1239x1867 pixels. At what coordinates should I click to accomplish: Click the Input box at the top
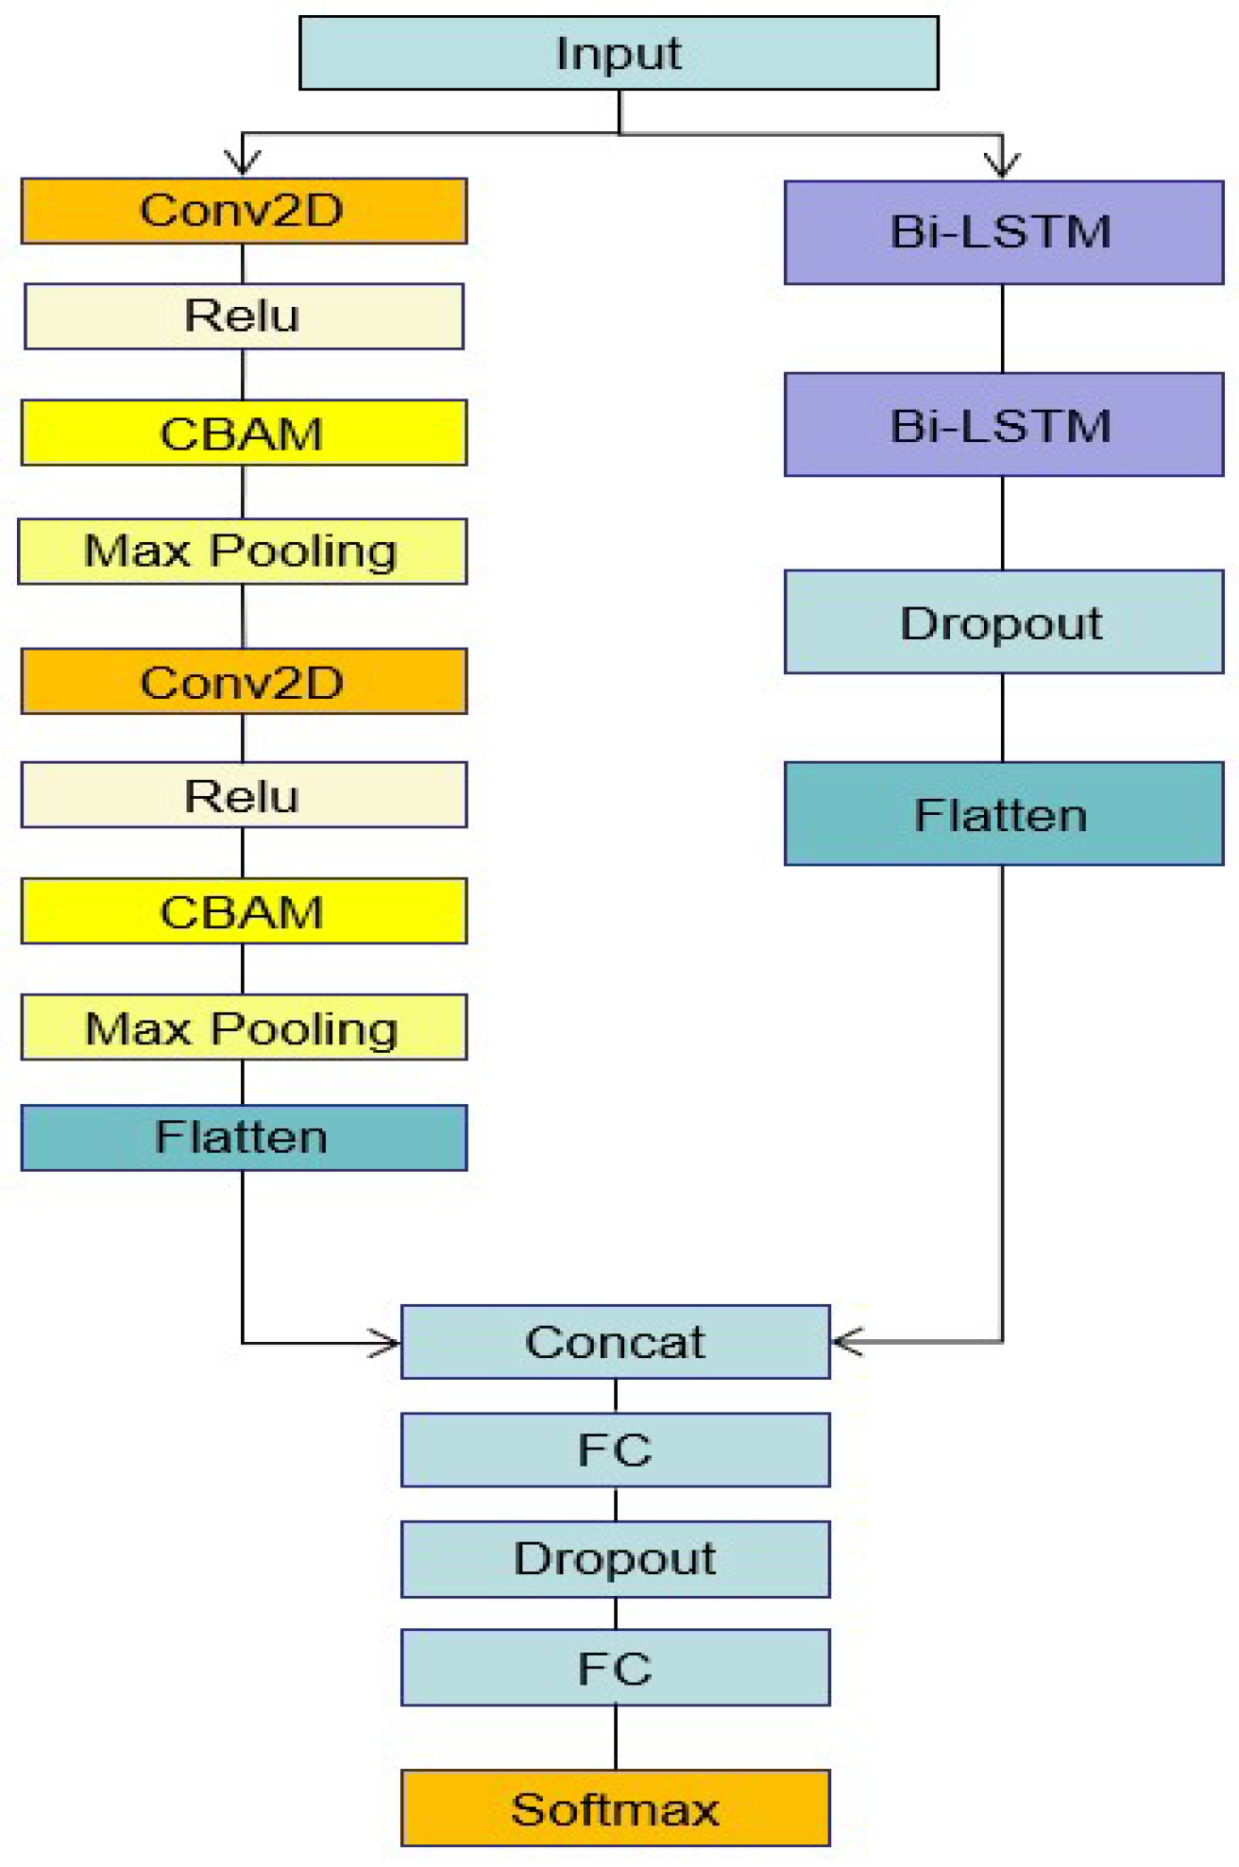[619, 53]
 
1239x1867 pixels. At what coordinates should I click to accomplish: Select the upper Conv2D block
[244, 211]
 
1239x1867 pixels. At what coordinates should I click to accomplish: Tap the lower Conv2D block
[244, 682]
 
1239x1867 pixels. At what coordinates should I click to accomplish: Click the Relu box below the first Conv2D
[244, 316]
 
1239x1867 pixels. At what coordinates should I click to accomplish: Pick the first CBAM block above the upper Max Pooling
[244, 433]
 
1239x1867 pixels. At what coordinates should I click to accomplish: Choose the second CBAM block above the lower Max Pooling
[244, 911]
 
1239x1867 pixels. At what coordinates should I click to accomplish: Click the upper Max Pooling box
[242, 552]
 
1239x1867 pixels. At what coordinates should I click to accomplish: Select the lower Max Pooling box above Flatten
[244, 1027]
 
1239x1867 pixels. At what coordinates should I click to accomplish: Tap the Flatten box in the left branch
[244, 1138]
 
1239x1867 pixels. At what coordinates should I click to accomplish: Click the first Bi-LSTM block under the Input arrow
[1003, 232]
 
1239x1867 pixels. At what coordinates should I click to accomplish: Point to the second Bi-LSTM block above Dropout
[1003, 425]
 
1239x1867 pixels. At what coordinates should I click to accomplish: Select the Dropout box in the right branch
[1003, 622]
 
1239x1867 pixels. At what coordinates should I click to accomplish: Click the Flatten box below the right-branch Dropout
[1003, 814]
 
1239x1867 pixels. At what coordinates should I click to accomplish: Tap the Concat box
[615, 1342]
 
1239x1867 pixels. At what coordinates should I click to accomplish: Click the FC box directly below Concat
[615, 1450]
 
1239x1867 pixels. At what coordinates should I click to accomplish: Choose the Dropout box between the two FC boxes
[615, 1559]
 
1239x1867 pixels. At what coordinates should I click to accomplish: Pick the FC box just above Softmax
[615, 1668]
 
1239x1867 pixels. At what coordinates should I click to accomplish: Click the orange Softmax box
[615, 1808]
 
